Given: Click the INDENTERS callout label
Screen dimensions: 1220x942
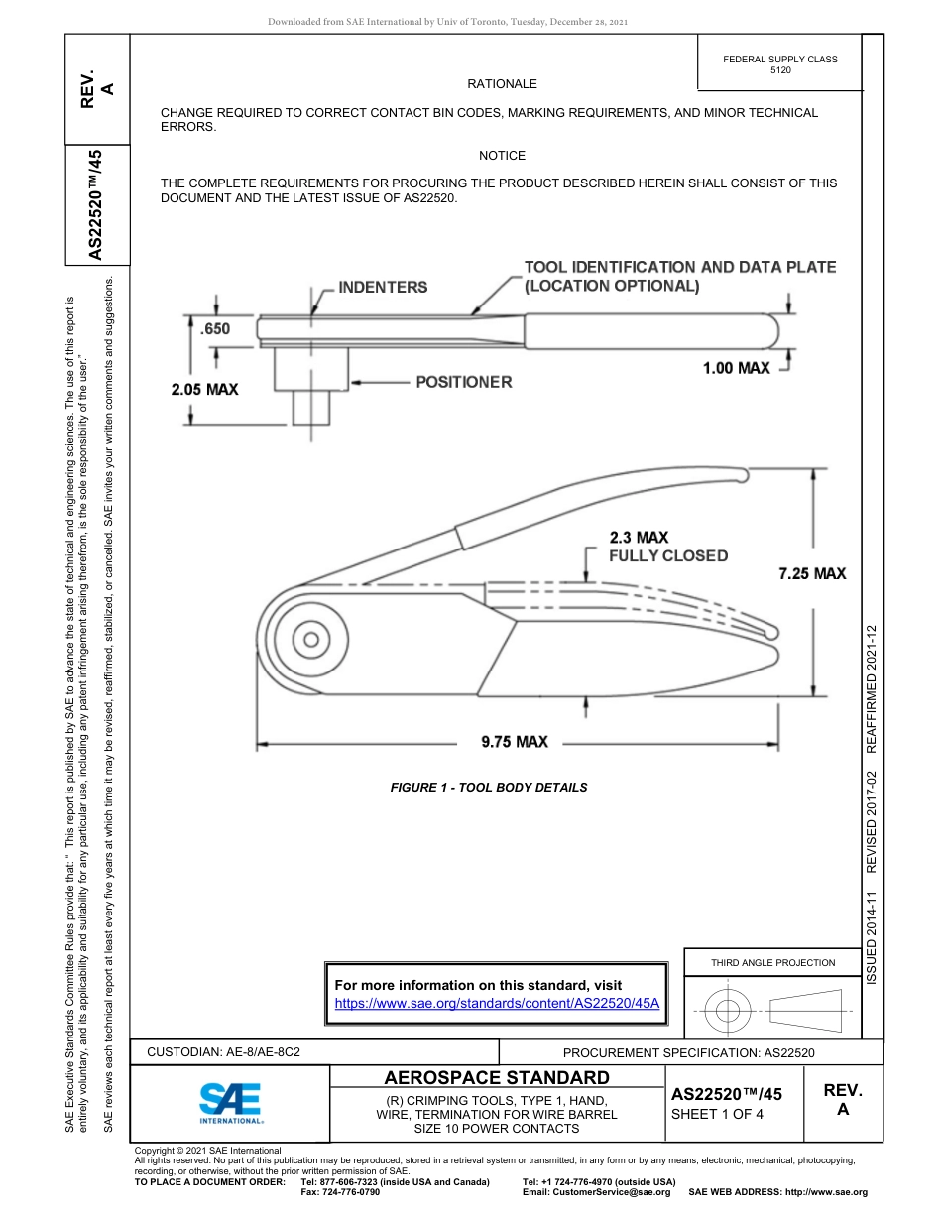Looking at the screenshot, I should tap(383, 288).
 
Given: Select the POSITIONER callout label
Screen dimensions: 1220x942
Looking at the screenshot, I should tap(463, 382).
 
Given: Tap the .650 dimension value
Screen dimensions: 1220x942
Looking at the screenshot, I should tap(214, 329).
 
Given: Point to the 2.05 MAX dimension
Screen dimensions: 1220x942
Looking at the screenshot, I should tap(204, 389).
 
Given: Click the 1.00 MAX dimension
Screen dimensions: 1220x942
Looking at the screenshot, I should tap(736, 368).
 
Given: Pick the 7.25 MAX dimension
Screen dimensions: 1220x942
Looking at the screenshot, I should tap(812, 573).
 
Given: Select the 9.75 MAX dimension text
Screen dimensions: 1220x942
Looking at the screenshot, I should tap(515, 742).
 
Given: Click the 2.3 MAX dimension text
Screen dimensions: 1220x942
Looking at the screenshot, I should tap(639, 538).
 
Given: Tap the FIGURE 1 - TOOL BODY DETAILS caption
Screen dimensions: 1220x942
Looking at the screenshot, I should tap(489, 788).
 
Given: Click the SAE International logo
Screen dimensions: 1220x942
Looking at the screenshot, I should tap(231, 1101).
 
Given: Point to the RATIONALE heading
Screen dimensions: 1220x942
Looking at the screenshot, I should tap(502, 84).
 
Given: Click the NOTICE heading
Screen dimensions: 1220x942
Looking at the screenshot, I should tap(502, 156).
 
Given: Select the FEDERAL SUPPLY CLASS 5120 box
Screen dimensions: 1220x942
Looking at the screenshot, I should tap(779, 64).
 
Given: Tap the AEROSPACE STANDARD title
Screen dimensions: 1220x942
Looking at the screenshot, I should tap(497, 1077).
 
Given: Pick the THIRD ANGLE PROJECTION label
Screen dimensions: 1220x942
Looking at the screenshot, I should tap(772, 962).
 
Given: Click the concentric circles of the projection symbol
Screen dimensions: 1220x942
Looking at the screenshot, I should tap(728, 1012).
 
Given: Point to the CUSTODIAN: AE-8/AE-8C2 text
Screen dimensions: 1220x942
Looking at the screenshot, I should tap(223, 1051).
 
